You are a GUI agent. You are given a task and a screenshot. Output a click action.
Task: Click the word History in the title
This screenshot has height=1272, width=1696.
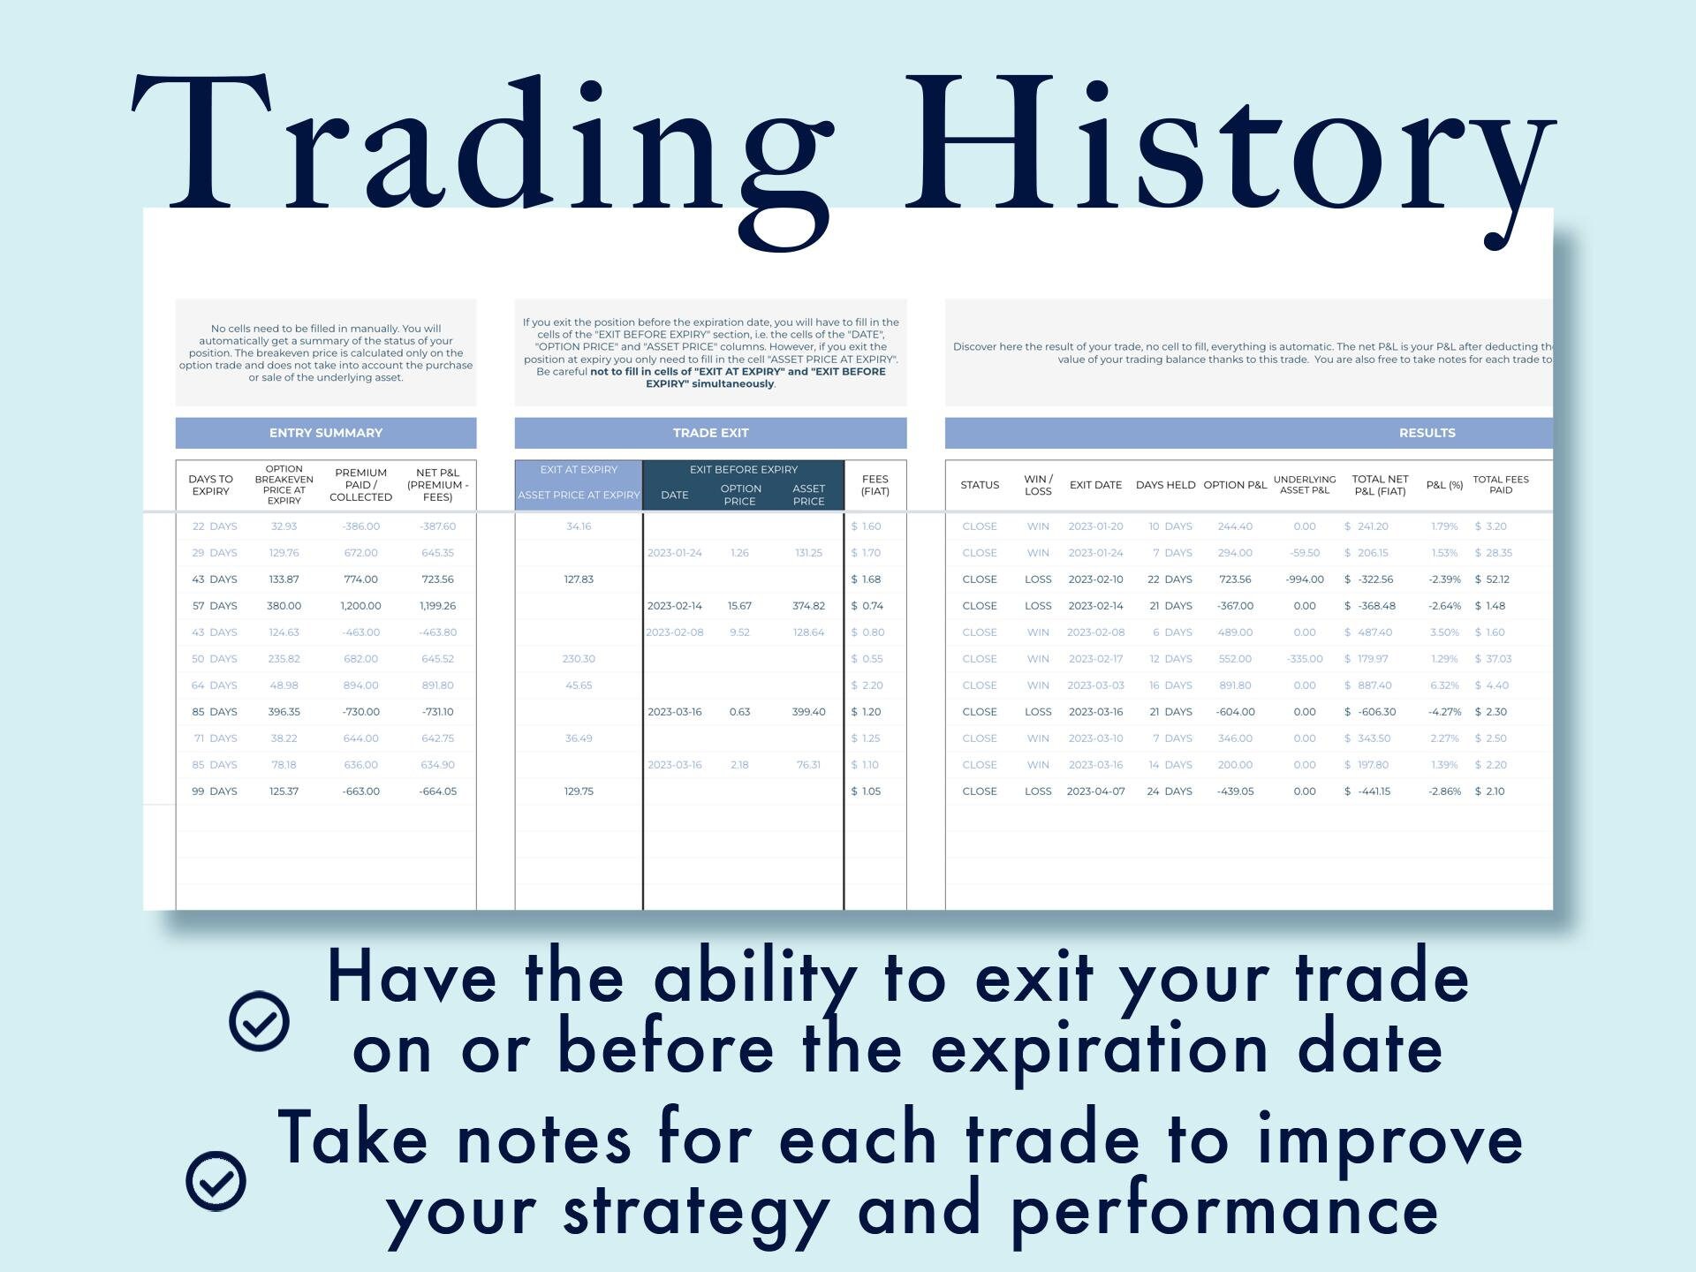tap(1228, 146)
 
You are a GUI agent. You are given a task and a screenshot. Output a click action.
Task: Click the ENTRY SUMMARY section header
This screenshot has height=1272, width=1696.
tap(326, 433)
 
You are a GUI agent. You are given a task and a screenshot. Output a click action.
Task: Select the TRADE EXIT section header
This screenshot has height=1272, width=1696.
tap(710, 433)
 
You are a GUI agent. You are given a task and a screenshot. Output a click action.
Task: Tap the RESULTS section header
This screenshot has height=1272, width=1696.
tap(1427, 433)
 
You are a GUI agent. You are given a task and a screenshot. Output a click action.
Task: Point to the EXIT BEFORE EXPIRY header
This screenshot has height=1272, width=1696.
tap(743, 470)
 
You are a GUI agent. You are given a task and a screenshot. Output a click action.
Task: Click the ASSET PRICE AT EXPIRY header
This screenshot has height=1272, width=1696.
tap(579, 496)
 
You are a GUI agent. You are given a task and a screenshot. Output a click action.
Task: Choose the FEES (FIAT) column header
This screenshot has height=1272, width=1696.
tap(874, 485)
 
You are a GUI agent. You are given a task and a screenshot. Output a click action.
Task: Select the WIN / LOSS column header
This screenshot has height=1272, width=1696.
tap(1038, 485)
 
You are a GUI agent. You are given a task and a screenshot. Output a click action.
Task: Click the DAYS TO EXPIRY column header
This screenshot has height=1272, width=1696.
tap(211, 485)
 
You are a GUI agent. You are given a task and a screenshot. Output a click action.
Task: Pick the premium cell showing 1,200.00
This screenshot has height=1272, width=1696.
tap(360, 606)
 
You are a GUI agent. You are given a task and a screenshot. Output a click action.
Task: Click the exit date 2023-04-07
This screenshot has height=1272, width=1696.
tap(1095, 791)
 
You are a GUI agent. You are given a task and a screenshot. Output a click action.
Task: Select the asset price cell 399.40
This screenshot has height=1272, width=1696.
tap(808, 712)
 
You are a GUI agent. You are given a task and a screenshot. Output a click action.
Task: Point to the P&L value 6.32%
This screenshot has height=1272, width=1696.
tap(1444, 685)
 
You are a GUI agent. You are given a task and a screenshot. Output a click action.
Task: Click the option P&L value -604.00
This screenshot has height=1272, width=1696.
tap(1235, 712)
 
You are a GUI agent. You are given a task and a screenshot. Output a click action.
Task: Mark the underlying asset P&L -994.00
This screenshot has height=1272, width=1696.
tap(1304, 579)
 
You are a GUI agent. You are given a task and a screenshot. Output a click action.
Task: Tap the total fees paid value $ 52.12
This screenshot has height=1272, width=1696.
tap(1492, 579)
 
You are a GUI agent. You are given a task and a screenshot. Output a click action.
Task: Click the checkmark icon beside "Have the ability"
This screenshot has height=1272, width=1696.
tap(259, 1021)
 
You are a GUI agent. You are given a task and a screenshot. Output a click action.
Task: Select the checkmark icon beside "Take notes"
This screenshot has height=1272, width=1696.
tap(216, 1181)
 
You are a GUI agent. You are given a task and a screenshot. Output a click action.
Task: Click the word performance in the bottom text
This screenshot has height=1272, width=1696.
tap(1223, 1212)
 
